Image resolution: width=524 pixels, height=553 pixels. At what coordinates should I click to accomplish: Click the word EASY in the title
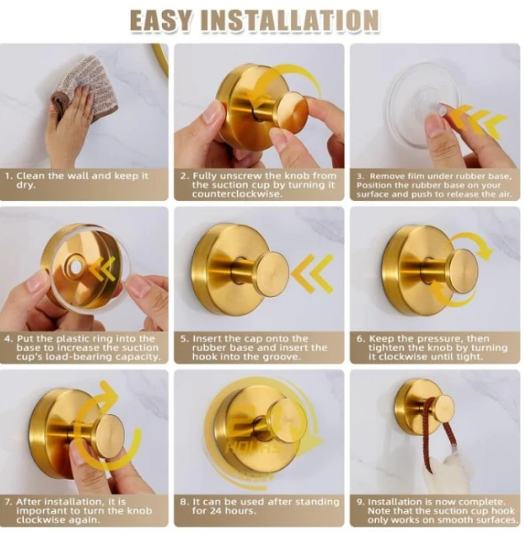pos(161,21)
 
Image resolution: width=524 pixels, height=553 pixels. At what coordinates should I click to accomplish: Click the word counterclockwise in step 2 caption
pos(237,194)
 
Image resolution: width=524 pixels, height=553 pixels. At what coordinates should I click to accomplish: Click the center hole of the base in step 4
pos(76,267)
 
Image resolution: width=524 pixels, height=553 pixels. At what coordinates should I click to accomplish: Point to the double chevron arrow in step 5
pos(313,273)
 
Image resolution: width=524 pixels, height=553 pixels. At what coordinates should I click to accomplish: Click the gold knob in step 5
pos(271,269)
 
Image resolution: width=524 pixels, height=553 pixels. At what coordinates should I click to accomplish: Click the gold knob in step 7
pos(109,436)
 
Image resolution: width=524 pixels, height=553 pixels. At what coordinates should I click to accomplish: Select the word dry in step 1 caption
pos(26,185)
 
